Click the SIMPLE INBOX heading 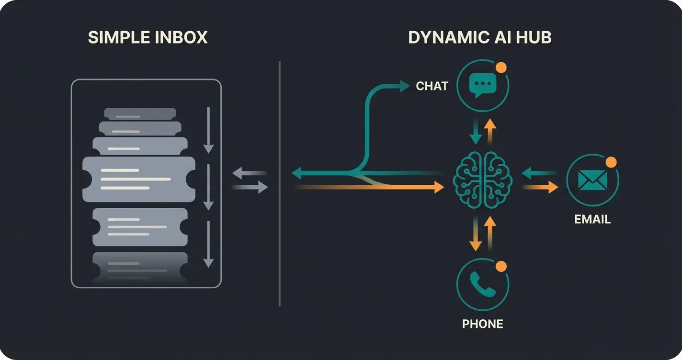(x=148, y=37)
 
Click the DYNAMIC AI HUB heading (x=479, y=37)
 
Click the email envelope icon (x=592, y=180)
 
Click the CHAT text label (x=432, y=86)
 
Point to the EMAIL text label (x=592, y=219)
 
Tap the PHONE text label (x=482, y=324)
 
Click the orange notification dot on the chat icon (x=501, y=67)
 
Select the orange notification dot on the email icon (x=611, y=162)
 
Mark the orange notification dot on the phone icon (x=501, y=266)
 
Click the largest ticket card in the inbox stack (x=138, y=179)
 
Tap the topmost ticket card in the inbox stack (x=140, y=114)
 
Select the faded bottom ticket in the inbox (x=139, y=265)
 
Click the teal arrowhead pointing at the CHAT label (x=405, y=86)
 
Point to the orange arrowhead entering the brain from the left (x=439, y=187)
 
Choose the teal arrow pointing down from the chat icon (x=475, y=136)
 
